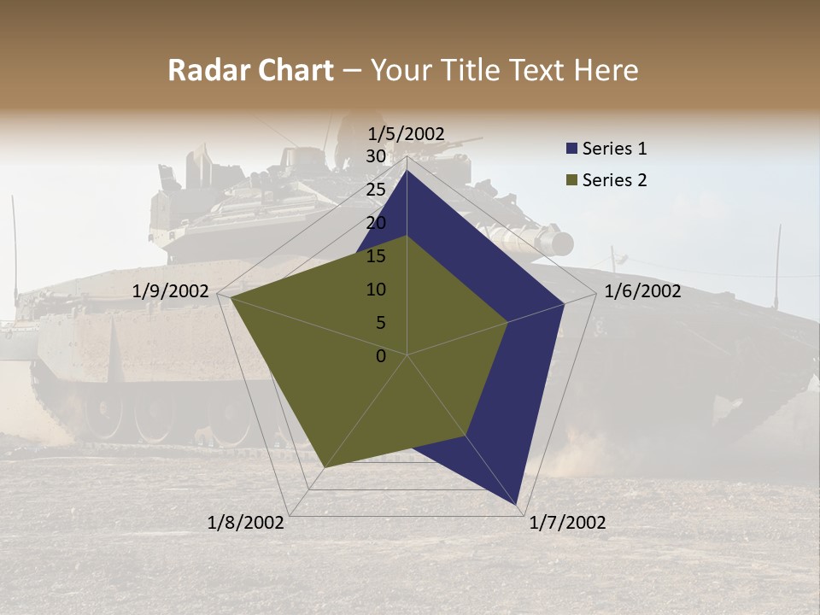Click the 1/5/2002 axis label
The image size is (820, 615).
[406, 134]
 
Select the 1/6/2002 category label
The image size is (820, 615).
[642, 291]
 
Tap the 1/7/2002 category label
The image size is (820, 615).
[567, 523]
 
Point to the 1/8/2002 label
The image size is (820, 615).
[246, 523]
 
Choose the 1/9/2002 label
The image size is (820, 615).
[171, 291]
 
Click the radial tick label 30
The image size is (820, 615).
[376, 156]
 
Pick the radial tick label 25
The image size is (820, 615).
[376, 190]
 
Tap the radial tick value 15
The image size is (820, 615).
[376, 256]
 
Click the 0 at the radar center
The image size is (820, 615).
[381, 356]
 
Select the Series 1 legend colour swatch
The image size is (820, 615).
[571, 149]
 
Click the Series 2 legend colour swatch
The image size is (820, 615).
[571, 180]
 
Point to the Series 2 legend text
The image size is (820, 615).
[614, 180]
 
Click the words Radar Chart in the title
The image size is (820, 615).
[250, 71]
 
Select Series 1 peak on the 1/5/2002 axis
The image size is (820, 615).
[407, 170]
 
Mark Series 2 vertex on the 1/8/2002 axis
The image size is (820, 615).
[325, 467]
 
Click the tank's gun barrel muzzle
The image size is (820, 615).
[562, 244]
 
